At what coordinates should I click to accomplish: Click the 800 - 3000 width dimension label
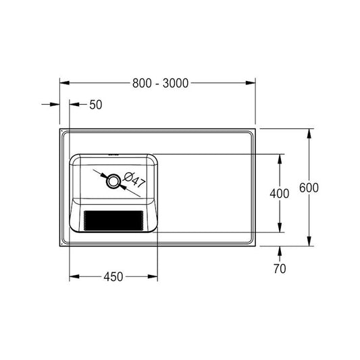coord(160,83)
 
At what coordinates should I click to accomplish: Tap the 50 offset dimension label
coord(96,105)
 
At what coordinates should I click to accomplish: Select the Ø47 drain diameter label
coord(134,180)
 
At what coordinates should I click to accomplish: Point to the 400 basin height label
coord(280,194)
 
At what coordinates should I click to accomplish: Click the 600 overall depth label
coord(309,188)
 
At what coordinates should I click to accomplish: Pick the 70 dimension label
coord(280,269)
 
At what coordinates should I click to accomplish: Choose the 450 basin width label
coord(113,277)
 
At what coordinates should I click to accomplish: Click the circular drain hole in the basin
coord(113,181)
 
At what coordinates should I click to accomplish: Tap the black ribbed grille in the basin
coord(113,221)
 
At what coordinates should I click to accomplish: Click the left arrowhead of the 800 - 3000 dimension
coord(65,83)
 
